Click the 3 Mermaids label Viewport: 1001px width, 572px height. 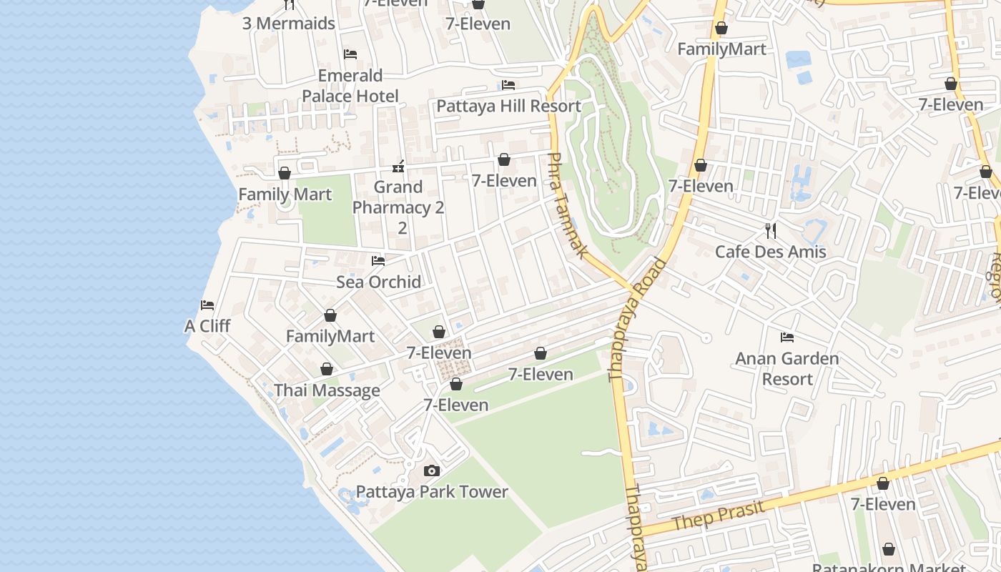[x=288, y=24]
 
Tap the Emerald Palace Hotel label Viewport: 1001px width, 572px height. [x=350, y=86]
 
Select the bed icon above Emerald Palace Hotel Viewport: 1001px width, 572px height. [x=350, y=54]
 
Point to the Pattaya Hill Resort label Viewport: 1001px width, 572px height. [x=508, y=106]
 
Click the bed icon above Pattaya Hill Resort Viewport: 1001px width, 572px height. [x=508, y=85]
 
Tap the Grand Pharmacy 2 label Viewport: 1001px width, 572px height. [x=398, y=197]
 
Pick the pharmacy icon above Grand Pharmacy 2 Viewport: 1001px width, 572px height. [x=398, y=167]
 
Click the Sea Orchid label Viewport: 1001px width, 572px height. [x=378, y=282]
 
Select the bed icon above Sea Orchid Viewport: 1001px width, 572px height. [x=378, y=261]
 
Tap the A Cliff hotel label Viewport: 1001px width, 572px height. [x=207, y=326]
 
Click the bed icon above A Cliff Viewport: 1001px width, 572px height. [x=207, y=305]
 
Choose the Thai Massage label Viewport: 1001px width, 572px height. [x=327, y=390]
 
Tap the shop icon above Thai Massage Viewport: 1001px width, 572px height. [x=327, y=370]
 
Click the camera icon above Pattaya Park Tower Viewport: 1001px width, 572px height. [x=431, y=470]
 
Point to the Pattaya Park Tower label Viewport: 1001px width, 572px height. [x=431, y=492]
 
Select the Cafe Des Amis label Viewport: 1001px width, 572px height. [x=771, y=252]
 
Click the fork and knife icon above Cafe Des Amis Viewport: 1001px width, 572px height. [x=771, y=230]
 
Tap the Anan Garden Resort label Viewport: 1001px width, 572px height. [x=786, y=368]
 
